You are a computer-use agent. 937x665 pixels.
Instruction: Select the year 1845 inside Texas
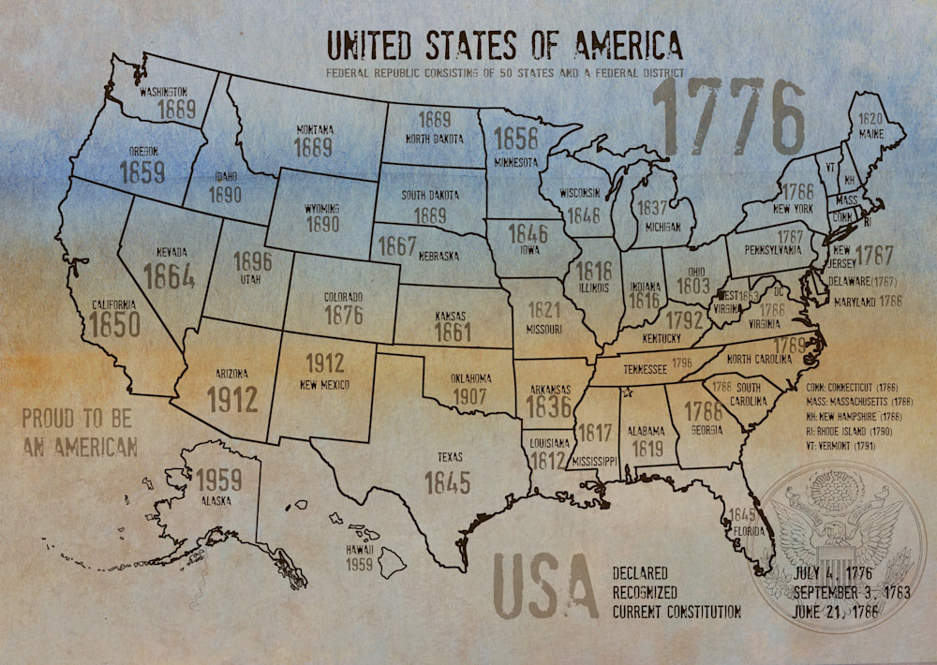pos(447,482)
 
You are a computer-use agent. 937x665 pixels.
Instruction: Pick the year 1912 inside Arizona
pos(231,399)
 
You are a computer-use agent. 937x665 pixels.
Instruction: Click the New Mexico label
pos(324,385)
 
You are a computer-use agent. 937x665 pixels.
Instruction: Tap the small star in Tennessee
pos(627,392)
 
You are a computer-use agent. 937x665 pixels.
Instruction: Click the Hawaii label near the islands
pos(358,549)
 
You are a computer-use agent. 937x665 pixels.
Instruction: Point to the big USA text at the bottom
pos(544,587)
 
